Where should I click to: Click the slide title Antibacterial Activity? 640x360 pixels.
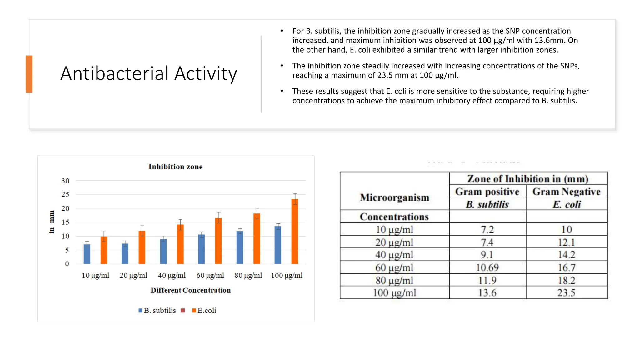tap(149, 74)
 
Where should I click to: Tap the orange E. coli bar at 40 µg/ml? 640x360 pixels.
tap(180, 244)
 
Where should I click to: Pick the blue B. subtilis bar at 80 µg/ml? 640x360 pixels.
tap(240, 247)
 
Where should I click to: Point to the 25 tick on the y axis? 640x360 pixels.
tap(65, 194)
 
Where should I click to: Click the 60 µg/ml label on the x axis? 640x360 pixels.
tap(210, 276)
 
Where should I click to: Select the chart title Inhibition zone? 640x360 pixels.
tap(175, 167)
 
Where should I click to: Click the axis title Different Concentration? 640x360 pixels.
tap(191, 290)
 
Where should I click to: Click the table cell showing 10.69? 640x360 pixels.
tap(487, 267)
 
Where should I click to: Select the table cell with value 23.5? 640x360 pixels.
tap(566, 293)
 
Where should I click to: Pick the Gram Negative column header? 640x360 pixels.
tap(566, 192)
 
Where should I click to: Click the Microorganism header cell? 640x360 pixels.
tap(394, 197)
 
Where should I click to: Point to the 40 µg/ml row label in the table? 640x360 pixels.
tap(394, 255)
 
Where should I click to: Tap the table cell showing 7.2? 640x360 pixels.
tap(487, 230)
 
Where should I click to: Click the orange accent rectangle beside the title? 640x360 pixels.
tap(29, 74)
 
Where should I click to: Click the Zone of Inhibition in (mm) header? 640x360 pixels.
tap(528, 179)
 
